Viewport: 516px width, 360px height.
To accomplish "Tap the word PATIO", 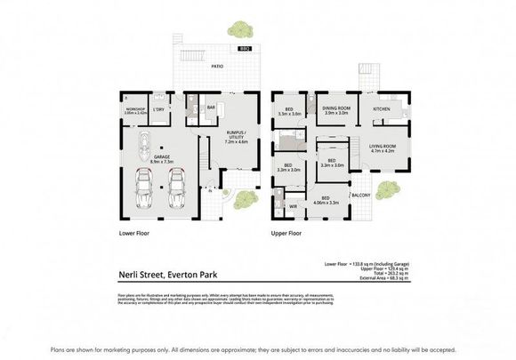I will pos(216,67).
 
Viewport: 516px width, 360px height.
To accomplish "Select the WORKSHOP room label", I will pos(135,109).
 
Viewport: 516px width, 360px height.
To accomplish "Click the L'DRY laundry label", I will pos(160,108).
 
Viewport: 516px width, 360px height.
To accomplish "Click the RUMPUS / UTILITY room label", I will pos(235,138).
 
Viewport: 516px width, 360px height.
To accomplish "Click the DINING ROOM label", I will pos(336,108).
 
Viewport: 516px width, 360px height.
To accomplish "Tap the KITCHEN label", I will pos(382,108).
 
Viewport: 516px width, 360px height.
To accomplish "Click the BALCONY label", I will pos(360,195).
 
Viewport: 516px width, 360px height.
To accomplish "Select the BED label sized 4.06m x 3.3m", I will pos(327,199).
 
